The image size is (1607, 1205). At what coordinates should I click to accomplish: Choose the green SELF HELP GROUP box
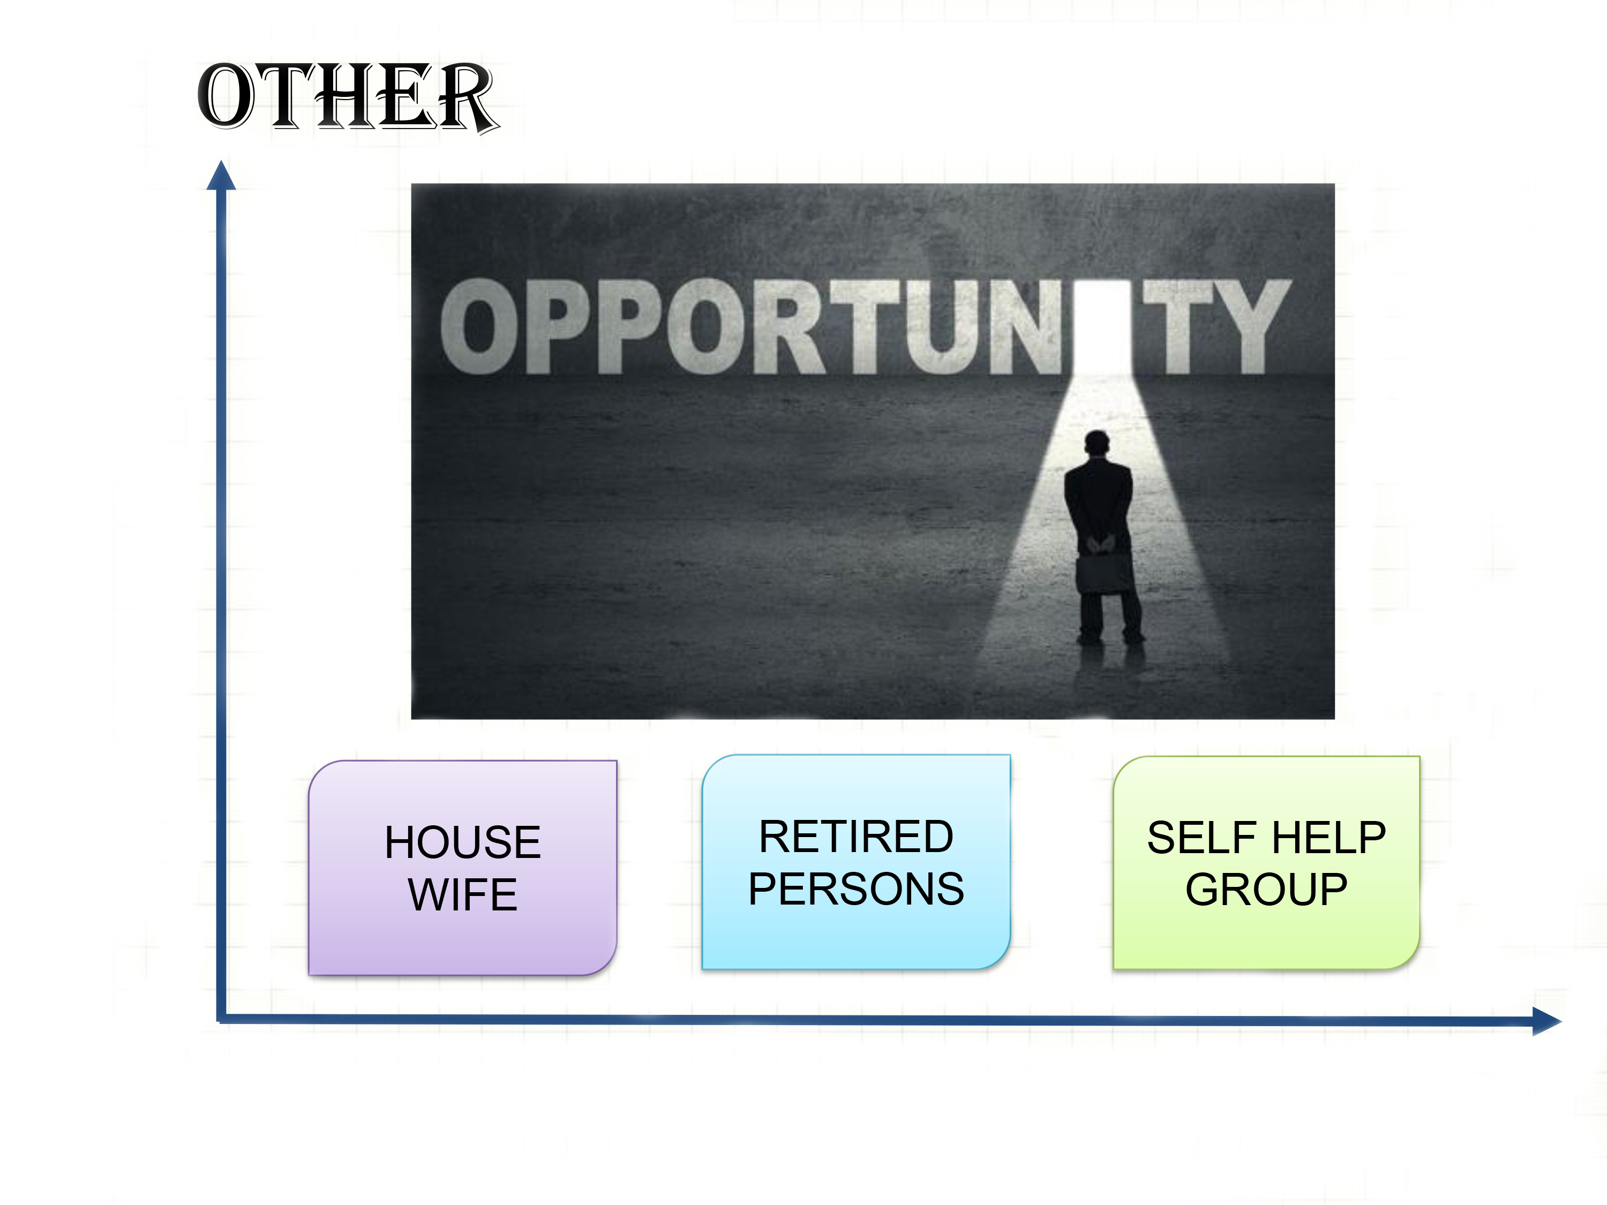click(x=1266, y=862)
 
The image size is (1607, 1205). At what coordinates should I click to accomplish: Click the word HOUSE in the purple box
click(x=463, y=842)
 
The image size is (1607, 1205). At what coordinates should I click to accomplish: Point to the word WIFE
click(x=463, y=894)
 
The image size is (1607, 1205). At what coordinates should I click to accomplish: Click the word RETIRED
click(x=856, y=836)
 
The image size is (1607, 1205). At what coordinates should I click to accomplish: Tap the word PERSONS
click(x=856, y=888)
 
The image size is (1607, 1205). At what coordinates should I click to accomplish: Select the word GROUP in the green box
click(x=1266, y=889)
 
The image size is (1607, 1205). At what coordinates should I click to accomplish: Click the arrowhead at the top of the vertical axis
click(x=221, y=175)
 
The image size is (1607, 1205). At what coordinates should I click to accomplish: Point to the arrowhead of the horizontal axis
click(x=1546, y=1021)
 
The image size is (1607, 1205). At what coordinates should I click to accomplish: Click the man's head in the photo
click(x=1097, y=442)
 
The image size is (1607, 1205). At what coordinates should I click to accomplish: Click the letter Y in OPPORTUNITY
click(x=1253, y=327)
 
